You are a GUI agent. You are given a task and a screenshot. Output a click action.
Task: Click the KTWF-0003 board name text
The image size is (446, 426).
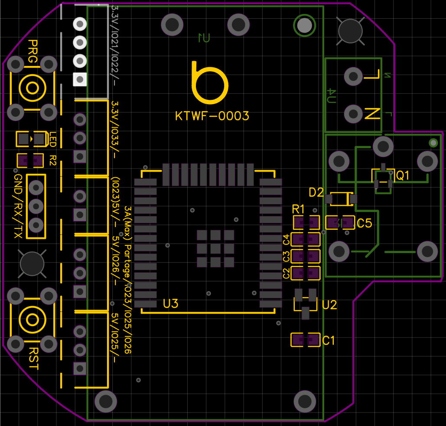pos(212,116)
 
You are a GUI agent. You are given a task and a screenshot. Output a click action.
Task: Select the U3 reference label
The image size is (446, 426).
pos(170,304)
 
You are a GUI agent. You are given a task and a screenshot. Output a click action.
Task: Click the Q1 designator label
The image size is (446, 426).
pos(403,175)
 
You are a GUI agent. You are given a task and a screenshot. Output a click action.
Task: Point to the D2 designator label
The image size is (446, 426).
pos(316,192)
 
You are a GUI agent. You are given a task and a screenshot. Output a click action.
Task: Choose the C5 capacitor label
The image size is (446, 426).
pos(365,223)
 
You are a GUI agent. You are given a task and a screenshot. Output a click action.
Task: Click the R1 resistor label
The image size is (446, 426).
pos(299,209)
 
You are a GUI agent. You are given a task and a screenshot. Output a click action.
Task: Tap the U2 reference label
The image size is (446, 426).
pos(329,305)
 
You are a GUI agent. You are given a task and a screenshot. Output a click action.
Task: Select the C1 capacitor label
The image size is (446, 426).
pos(329,341)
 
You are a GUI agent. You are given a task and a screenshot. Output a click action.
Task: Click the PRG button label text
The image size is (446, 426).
pos(33,51)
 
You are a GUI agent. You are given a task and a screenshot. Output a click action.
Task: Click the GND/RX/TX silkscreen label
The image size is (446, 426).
pos(18,206)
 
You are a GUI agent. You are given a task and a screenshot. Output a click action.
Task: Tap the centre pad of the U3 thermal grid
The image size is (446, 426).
pos(215,249)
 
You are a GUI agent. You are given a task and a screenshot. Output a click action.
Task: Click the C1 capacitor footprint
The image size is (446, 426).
pos(305,340)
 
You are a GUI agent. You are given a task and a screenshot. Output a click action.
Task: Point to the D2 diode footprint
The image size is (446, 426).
pos(341,199)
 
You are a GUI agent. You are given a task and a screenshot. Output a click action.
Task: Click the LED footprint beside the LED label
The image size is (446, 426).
pos(30,139)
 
